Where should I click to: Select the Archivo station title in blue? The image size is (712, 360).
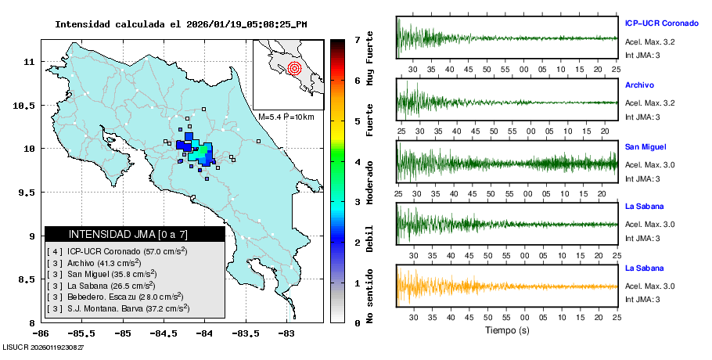pyautogui.click(x=639, y=85)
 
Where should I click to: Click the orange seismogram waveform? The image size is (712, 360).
pyautogui.click(x=506, y=286)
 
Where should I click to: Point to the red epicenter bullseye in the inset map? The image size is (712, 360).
pyautogui.click(x=294, y=67)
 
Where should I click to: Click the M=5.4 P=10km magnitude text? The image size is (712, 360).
pyautogui.click(x=286, y=117)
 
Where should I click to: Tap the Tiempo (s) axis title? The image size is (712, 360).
pyautogui.click(x=506, y=330)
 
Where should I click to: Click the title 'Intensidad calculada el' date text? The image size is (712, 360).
pyautogui.click(x=181, y=24)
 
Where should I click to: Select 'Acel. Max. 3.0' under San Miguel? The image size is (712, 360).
pyautogui.click(x=650, y=165)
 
